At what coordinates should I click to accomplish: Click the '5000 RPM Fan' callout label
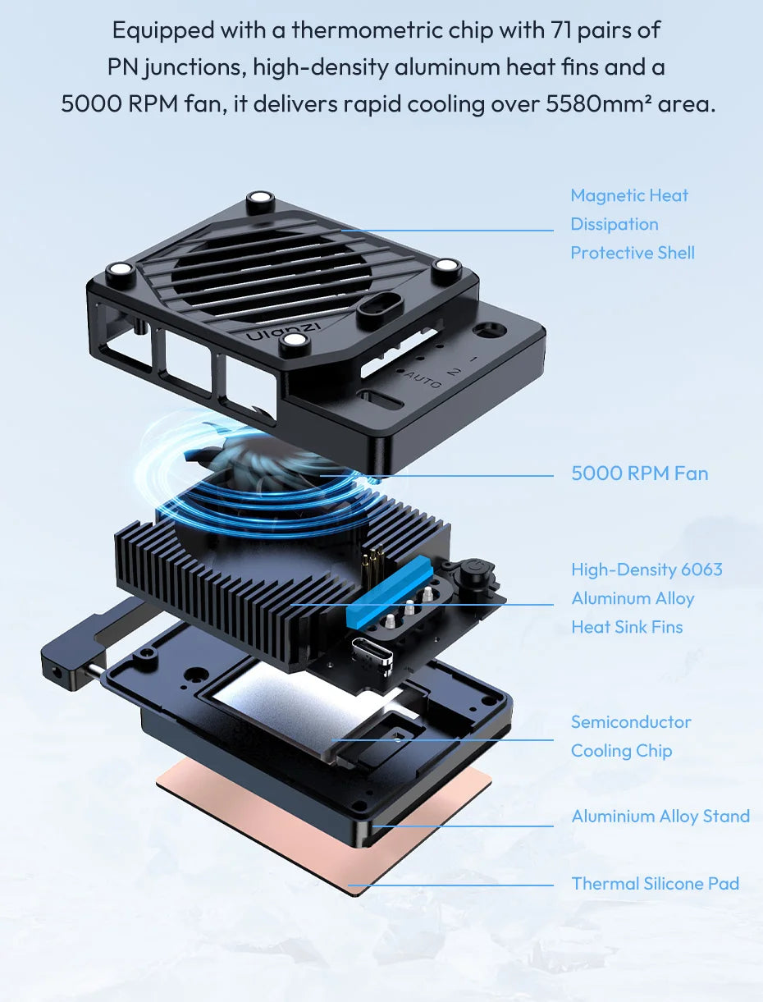tap(639, 474)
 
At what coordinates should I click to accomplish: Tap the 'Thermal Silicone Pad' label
tap(655, 884)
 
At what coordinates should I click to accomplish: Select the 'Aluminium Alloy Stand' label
tap(660, 817)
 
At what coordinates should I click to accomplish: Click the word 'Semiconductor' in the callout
tap(631, 722)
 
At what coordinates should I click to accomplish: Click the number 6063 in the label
tap(701, 570)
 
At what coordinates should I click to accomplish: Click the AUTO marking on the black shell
tap(423, 380)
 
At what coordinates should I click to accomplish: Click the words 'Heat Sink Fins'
tap(627, 627)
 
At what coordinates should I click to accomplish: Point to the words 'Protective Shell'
tap(633, 253)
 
